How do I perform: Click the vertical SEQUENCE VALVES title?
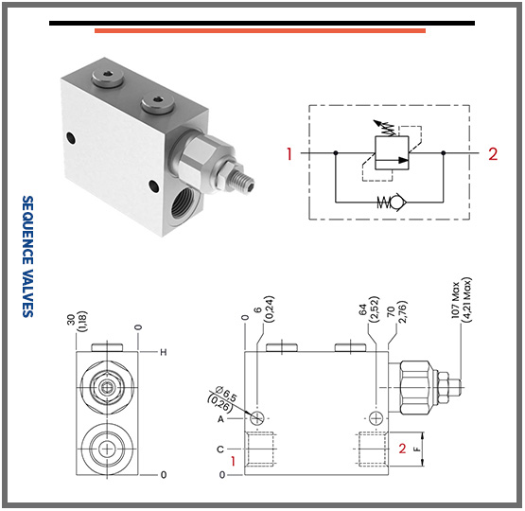27,256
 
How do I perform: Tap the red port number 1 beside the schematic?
289,153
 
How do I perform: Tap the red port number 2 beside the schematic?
493,154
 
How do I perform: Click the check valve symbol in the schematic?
392,202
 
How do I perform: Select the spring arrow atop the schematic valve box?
384,128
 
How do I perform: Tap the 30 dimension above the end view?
71,320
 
